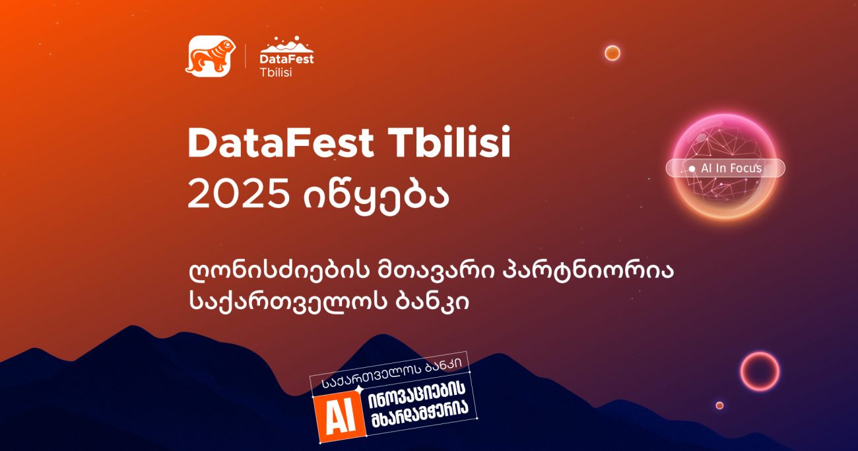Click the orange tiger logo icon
[x=211, y=56]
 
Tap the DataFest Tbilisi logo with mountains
[x=286, y=57]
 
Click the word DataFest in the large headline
[x=280, y=142]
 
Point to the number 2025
[x=238, y=193]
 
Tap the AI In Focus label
[x=731, y=168]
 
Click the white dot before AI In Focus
[x=692, y=168]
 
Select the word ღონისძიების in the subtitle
[x=279, y=271]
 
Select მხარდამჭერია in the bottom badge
[x=420, y=415]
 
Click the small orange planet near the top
[x=612, y=53]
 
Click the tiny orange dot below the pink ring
[x=719, y=405]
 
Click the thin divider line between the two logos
[x=245, y=56]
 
